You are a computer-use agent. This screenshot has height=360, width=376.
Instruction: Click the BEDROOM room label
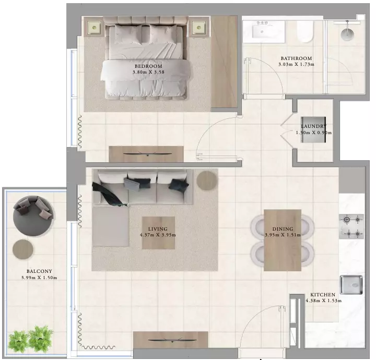(148, 66)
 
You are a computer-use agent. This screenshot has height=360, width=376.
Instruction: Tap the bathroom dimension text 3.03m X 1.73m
(297, 64)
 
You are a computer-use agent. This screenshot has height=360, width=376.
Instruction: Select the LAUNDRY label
(314, 126)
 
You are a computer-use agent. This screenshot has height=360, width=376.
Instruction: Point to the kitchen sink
(351, 285)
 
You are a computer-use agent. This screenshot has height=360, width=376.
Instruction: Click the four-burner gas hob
(351, 226)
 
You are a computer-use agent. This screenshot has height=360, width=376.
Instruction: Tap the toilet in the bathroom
(305, 31)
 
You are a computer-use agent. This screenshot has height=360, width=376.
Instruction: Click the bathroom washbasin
(264, 31)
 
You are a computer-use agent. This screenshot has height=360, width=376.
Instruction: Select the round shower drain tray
(347, 34)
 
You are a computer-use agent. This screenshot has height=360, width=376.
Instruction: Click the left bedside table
(94, 28)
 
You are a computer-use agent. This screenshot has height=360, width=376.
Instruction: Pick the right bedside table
(199, 28)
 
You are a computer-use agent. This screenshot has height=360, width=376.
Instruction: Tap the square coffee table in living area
(158, 233)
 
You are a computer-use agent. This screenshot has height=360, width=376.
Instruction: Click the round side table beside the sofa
(207, 181)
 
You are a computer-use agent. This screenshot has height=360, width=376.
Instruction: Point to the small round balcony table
(23, 249)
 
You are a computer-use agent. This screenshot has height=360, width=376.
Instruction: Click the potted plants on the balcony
(30, 339)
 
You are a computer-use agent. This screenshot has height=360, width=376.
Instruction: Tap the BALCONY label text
(39, 271)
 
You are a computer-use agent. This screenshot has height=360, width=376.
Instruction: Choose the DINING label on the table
(283, 229)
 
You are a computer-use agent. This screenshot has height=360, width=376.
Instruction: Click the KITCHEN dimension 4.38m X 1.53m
(323, 301)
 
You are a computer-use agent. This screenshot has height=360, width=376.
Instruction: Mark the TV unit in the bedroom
(146, 154)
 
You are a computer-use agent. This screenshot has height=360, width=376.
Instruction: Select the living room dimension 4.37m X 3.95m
(158, 235)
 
